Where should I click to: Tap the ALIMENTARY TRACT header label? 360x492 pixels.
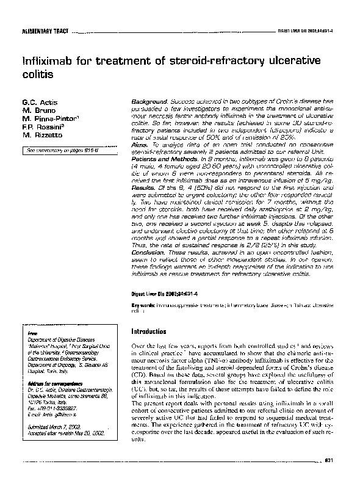(43, 31)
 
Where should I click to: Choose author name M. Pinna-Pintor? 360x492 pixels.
(48, 117)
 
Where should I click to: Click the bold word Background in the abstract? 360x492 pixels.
(149, 99)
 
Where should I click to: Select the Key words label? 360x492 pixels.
(145, 304)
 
